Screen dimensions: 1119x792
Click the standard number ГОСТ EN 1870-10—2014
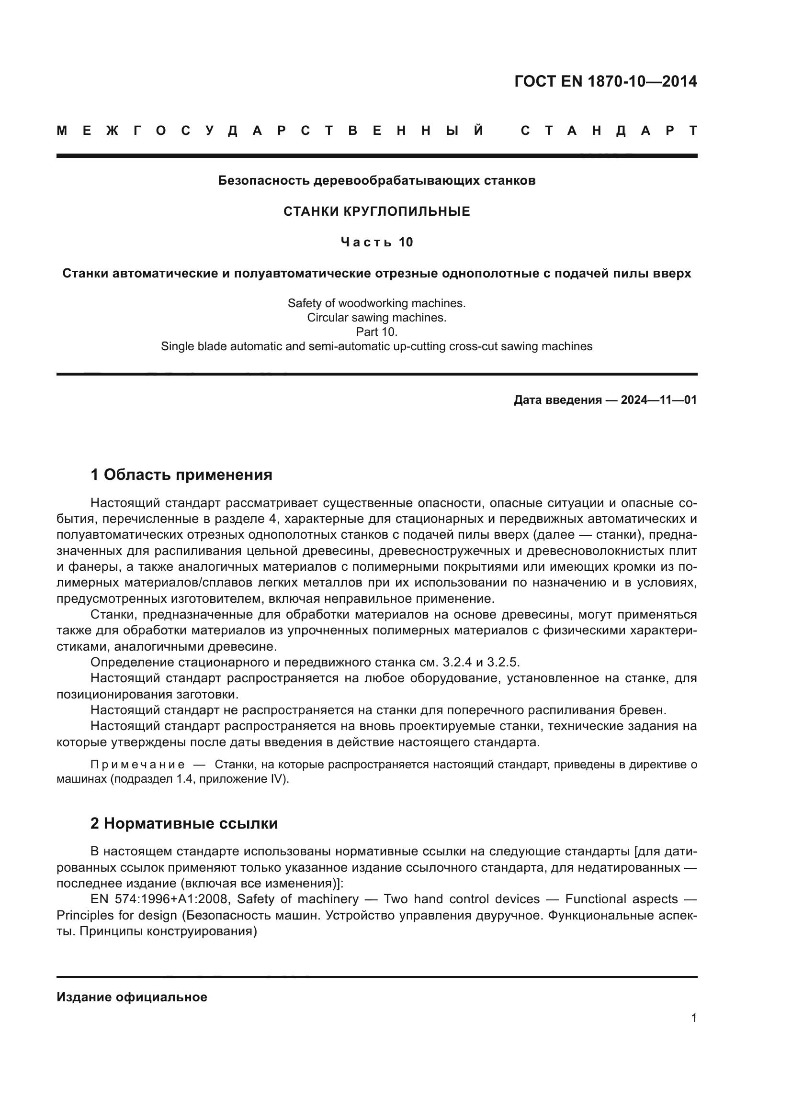pyautogui.click(x=605, y=81)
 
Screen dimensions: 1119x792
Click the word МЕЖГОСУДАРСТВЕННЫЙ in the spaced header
pyautogui.click(x=270, y=131)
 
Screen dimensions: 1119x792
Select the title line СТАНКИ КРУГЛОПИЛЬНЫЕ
pyautogui.click(x=376, y=211)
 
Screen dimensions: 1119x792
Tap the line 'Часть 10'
pyautogui.click(x=376, y=242)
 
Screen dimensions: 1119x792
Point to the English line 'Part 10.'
pyautogui.click(x=376, y=332)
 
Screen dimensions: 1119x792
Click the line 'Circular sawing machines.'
pyautogui.click(x=376, y=318)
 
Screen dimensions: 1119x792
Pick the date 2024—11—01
pyautogui.click(x=658, y=400)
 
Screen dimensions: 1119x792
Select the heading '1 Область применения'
pyautogui.click(x=181, y=474)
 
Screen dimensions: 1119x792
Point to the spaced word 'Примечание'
pyautogui.click(x=137, y=764)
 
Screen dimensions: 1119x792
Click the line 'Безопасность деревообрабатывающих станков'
pyautogui.click(x=376, y=181)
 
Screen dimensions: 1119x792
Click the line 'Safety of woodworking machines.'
pyautogui.click(x=376, y=303)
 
